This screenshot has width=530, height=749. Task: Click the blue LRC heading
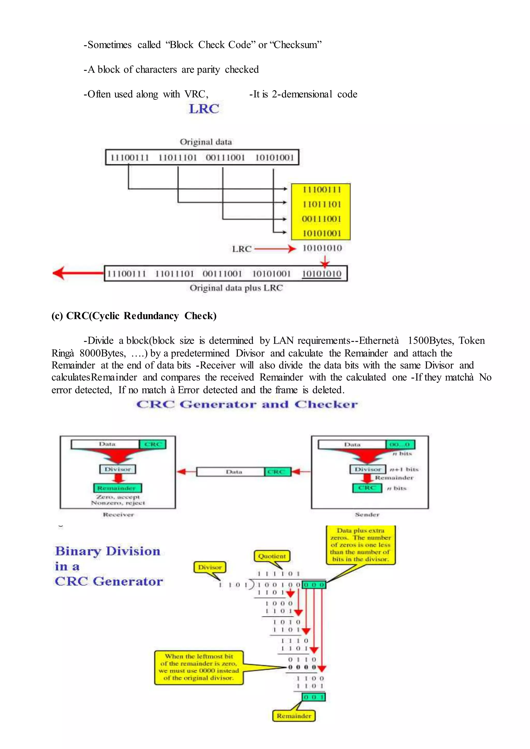coord(204,109)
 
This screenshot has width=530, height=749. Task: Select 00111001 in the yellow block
coord(321,219)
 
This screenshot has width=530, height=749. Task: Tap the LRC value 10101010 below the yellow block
coord(322,248)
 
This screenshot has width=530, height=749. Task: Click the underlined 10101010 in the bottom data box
coord(321,274)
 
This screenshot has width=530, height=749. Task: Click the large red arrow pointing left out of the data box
coord(78,273)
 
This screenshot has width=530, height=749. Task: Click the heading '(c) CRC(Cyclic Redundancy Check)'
coord(134,316)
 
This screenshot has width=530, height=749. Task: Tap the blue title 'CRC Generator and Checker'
coord(247,405)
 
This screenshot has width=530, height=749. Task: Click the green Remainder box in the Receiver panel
coord(117,488)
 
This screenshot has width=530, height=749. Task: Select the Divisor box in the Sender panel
coord(368,469)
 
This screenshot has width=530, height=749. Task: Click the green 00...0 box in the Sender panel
coord(400,445)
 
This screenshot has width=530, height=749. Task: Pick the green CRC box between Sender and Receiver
coord(277,472)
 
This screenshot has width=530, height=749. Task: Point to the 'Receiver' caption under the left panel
coord(118,514)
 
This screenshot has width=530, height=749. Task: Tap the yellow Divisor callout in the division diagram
coord(210,567)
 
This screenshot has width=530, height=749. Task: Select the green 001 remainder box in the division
coord(313,697)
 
